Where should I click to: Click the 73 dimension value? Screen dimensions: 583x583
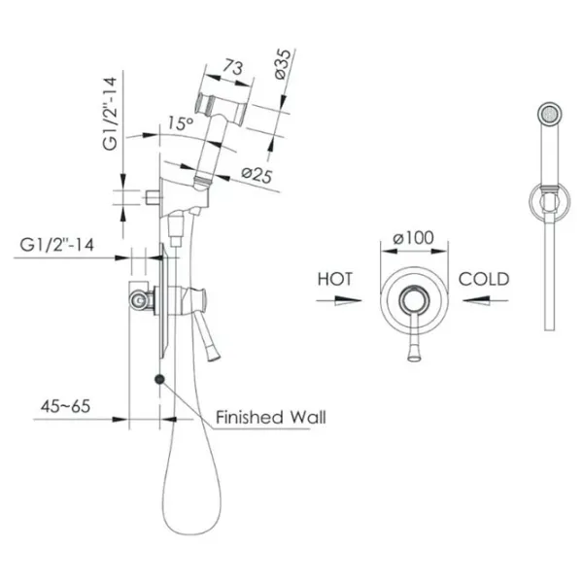[x=233, y=67]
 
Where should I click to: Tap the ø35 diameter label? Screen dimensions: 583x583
[x=284, y=64]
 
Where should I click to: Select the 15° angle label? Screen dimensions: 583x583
[x=181, y=123]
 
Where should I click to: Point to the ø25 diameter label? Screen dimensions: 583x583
[x=257, y=175]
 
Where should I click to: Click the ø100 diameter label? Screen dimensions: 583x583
[x=414, y=238]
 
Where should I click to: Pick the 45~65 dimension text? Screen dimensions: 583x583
[x=65, y=406]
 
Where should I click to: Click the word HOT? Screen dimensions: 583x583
[x=335, y=279]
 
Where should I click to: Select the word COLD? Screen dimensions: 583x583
[x=483, y=279]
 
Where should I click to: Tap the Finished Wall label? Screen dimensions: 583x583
[x=271, y=417]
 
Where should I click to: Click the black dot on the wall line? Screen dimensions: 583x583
[x=159, y=379]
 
